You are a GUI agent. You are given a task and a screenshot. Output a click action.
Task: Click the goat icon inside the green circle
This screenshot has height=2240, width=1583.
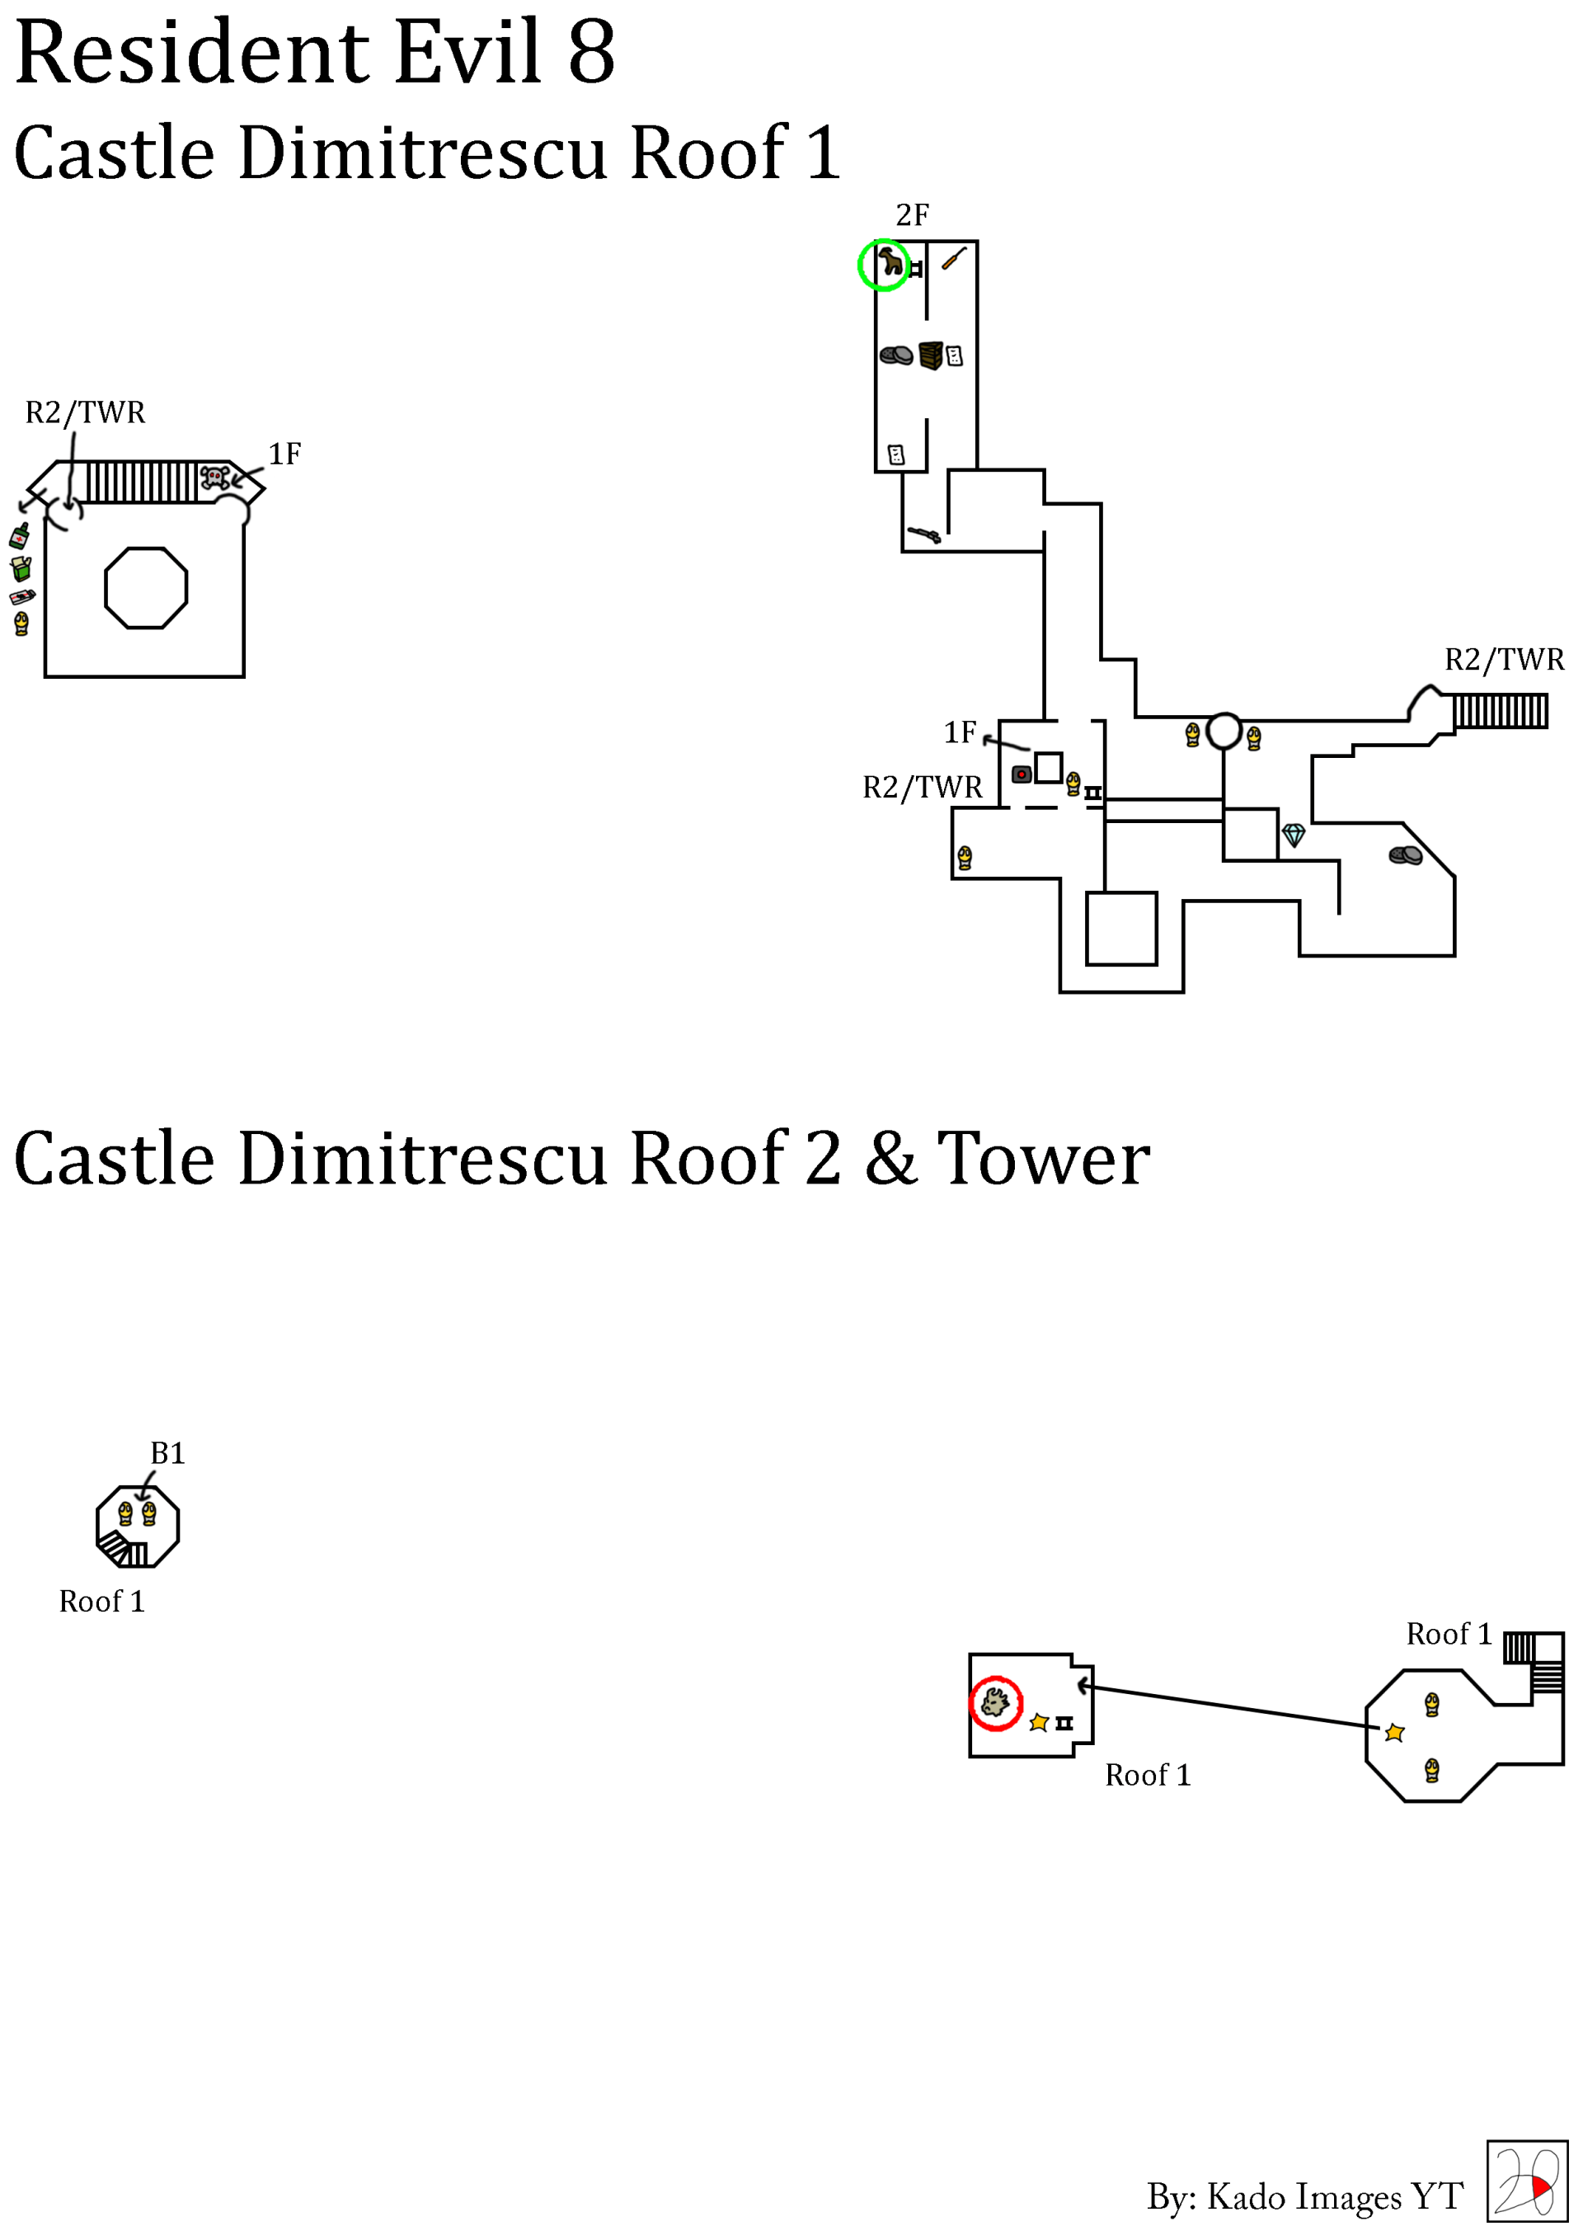pos(890,262)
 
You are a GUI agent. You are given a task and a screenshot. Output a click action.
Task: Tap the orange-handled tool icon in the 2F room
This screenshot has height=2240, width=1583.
pos(953,258)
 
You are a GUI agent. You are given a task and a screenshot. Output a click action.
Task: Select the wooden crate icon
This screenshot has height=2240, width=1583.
pos(931,355)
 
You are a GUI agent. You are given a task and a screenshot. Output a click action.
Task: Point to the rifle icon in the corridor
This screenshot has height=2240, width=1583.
pos(923,534)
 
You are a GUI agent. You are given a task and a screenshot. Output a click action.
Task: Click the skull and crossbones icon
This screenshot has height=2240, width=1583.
pos(214,477)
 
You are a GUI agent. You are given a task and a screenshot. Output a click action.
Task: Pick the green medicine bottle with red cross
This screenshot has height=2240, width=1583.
pos(20,534)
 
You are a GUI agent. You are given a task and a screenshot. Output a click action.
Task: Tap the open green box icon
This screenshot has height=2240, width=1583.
pos(21,567)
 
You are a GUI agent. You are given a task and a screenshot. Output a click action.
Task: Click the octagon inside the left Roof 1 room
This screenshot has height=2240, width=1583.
pos(146,587)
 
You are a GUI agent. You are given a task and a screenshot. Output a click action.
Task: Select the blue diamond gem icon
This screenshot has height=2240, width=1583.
pos(1294,835)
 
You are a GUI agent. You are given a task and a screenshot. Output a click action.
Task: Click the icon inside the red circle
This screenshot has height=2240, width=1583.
pos(995,1703)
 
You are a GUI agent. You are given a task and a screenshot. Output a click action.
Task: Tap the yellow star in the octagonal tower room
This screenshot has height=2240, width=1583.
pos(1395,1733)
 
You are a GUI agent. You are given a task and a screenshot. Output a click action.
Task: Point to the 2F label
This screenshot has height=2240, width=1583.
pos(912,214)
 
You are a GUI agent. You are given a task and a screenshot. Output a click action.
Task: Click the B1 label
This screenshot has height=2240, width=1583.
pos(167,1454)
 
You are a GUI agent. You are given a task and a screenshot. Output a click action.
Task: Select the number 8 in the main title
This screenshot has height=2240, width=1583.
pos(591,53)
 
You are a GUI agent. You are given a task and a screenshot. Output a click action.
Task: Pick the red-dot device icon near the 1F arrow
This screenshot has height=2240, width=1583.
pos(1022,774)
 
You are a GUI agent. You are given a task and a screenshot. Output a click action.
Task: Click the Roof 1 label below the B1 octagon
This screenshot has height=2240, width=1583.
pos(101,1602)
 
